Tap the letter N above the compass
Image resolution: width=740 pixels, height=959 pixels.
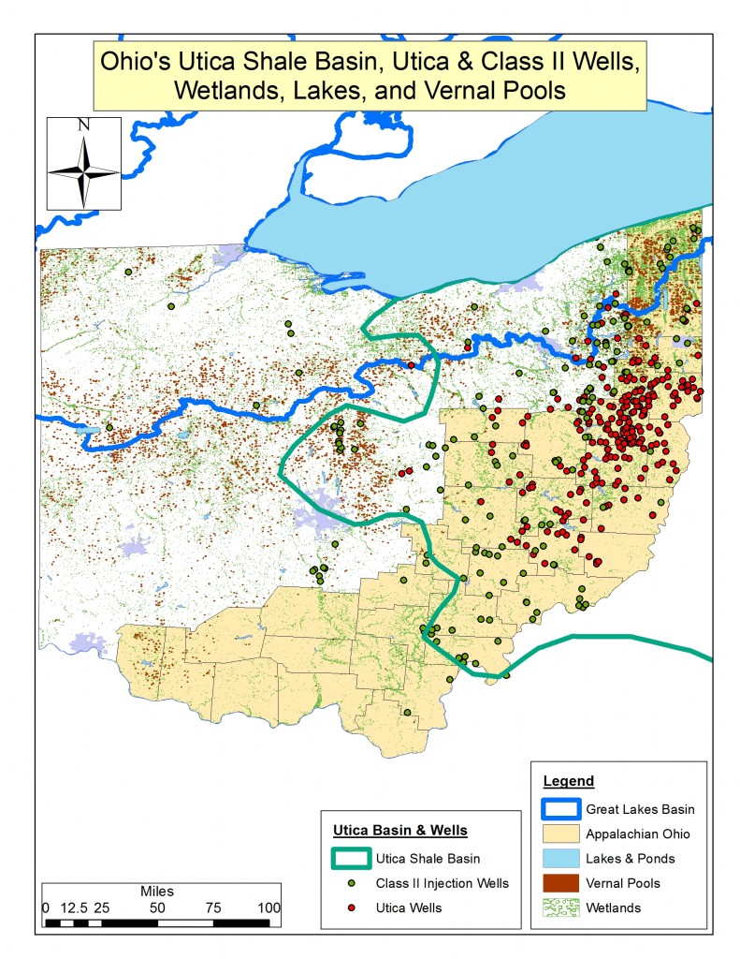[x=83, y=125]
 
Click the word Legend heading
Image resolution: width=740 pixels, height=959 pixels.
[x=568, y=781]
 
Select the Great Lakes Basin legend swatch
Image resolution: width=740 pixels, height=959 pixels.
[x=560, y=808]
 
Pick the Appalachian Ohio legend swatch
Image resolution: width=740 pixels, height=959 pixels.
[x=560, y=834]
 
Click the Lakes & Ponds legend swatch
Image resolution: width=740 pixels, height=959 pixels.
[x=560, y=858]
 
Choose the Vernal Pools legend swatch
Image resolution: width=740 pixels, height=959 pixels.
[x=560, y=882]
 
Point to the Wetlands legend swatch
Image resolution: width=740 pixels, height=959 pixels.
[x=560, y=907]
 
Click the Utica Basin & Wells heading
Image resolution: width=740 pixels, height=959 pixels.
[x=400, y=831]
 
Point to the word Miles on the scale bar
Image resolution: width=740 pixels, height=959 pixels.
[x=156, y=891]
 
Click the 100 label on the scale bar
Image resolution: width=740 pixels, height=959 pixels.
[x=268, y=907]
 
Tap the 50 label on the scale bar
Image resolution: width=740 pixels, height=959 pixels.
[x=156, y=907]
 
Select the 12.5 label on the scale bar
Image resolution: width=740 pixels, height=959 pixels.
[x=74, y=907]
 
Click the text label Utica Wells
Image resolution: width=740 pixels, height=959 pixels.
[x=410, y=907]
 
